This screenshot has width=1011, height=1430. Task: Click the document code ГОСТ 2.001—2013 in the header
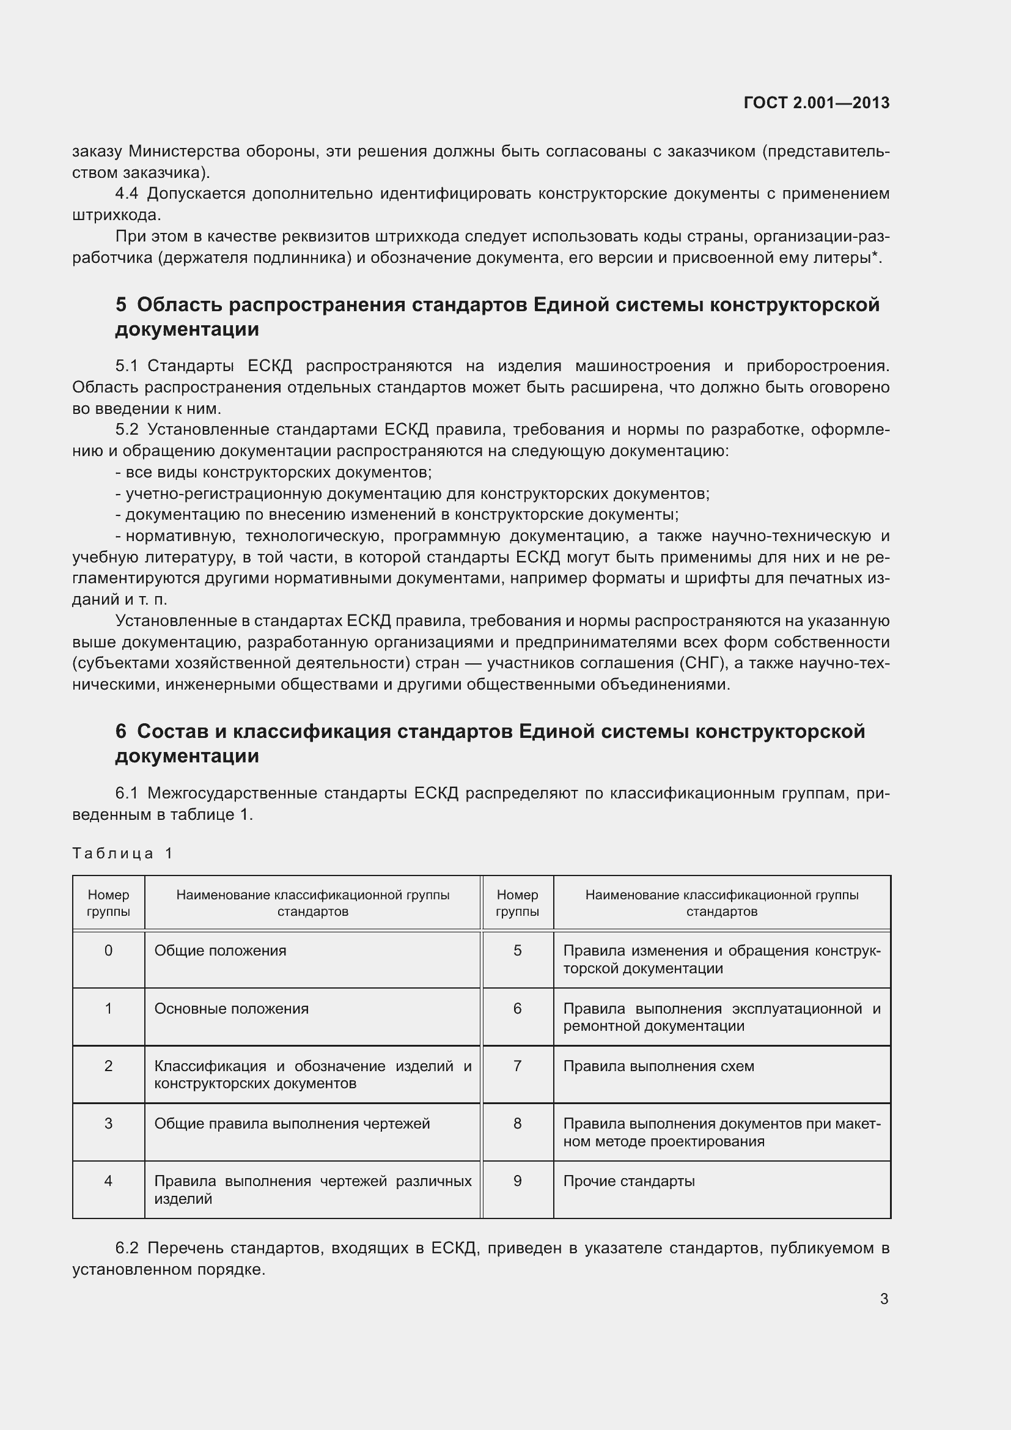click(816, 103)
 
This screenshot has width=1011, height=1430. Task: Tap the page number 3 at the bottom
click(884, 1299)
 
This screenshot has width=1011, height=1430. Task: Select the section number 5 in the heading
click(121, 304)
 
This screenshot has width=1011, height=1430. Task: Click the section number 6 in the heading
click(121, 731)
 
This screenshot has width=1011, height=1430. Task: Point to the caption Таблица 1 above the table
click(122, 853)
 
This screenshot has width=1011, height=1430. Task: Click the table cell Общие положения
click(221, 951)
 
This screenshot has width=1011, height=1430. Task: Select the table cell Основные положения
click(231, 1008)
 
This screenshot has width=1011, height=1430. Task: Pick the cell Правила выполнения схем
click(659, 1066)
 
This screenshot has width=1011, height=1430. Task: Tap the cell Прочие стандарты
click(629, 1181)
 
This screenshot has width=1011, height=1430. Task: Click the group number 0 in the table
click(108, 951)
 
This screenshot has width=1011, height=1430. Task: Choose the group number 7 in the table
click(517, 1066)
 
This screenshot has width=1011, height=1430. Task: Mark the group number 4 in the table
click(108, 1181)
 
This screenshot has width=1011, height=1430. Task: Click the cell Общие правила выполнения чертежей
click(292, 1124)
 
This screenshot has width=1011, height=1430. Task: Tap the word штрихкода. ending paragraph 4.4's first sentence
click(116, 215)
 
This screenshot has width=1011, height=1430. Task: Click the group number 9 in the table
click(517, 1181)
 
